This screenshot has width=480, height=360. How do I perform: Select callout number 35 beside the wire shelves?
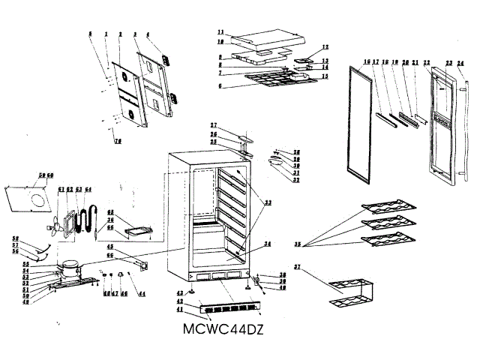pyautogui.click(x=298, y=244)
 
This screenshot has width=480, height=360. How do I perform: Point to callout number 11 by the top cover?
pyautogui.click(x=220, y=32)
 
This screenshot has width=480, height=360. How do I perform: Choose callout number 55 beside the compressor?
pyautogui.click(x=46, y=265)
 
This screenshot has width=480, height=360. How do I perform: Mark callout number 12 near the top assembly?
pyautogui.click(x=325, y=46)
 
